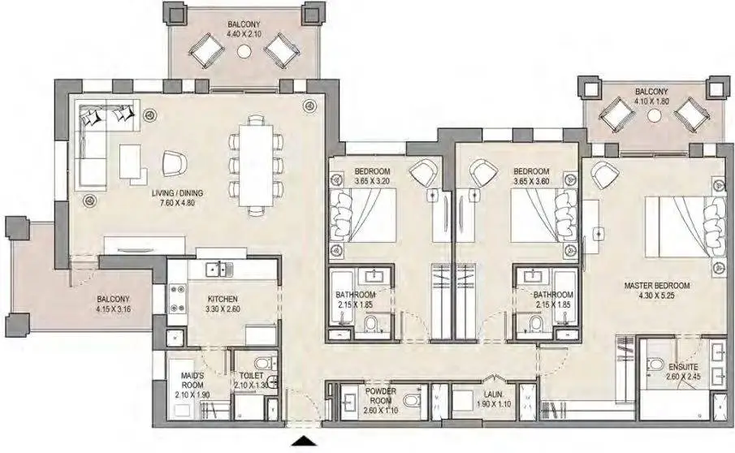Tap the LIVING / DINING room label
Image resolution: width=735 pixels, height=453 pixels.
178,193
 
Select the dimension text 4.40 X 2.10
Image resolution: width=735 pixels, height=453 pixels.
244,34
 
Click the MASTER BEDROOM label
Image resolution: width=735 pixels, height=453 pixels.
657,285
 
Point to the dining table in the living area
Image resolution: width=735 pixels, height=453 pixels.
256,165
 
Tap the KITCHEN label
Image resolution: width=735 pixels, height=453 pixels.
223,299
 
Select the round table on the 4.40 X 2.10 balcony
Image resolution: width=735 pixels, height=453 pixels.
244,50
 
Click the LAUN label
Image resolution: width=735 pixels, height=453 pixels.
493,395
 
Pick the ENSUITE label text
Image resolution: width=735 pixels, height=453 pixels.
683,367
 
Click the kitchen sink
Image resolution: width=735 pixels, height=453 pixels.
219,269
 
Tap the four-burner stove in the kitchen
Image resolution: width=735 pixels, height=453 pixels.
177,299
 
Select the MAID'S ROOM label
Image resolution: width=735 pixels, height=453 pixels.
192,380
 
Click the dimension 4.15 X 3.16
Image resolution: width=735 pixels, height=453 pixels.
113,308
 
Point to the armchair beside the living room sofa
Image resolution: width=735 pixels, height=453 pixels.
175,163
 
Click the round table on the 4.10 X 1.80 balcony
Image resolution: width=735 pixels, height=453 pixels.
654,115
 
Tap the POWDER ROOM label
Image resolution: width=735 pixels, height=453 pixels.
381,396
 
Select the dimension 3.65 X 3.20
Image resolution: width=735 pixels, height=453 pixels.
372,181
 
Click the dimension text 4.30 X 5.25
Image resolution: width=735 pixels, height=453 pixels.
657,296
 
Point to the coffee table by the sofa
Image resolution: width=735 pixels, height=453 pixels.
130,162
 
